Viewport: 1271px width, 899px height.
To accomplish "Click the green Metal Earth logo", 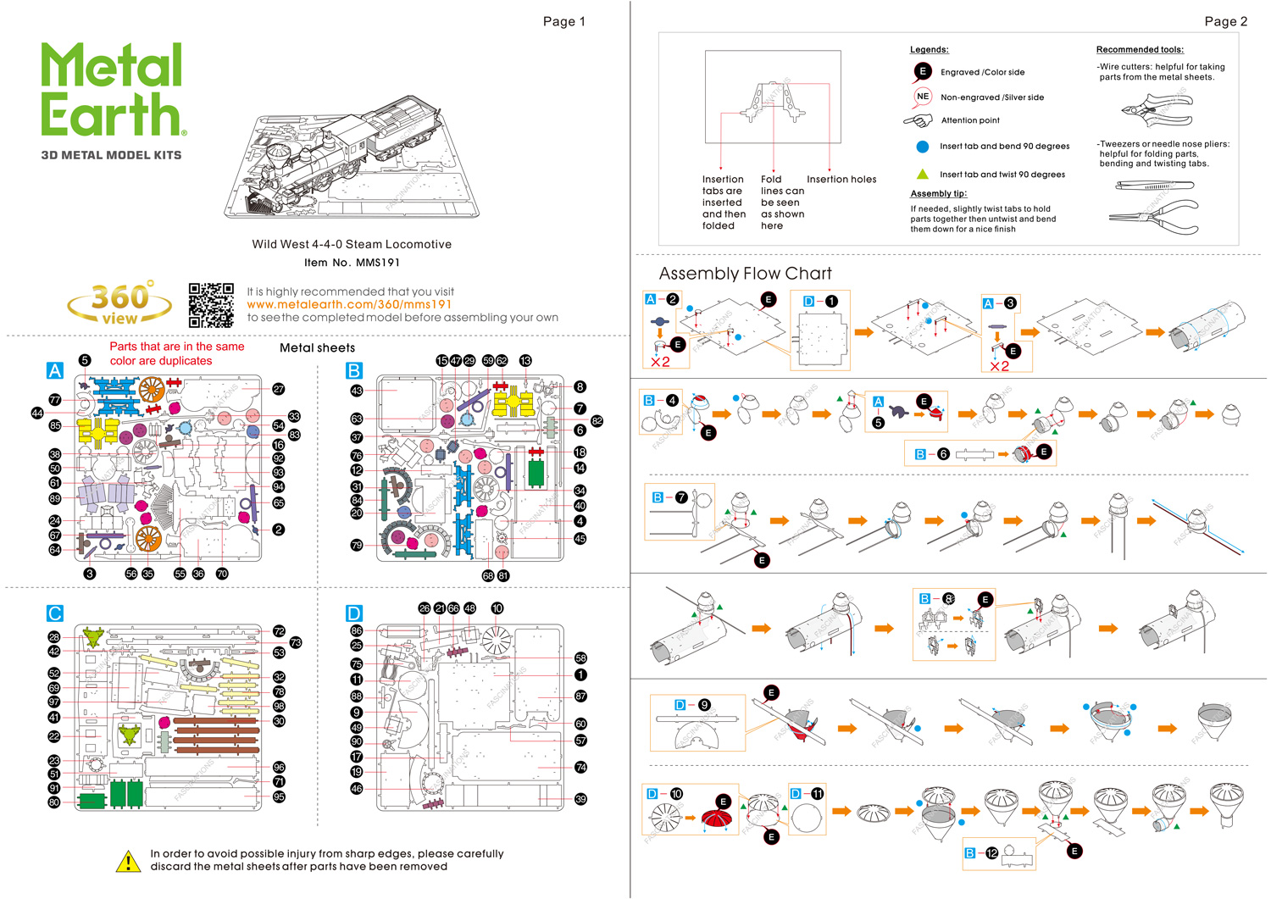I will coord(113,90).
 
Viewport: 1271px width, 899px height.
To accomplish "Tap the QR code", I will coord(211,305).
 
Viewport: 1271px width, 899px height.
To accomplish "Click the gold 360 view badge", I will coord(119,302).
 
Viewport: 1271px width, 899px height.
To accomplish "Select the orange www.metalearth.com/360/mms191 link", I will coord(349,304).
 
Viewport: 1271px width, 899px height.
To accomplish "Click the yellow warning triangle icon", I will coord(128,861).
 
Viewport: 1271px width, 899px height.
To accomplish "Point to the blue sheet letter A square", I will coord(55,370).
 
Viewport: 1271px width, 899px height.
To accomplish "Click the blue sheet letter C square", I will coord(55,613).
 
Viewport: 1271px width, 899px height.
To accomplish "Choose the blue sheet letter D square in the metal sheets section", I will coord(354,613).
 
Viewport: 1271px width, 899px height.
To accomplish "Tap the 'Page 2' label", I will coord(1225,21).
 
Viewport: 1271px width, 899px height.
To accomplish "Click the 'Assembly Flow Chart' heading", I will coord(745,274).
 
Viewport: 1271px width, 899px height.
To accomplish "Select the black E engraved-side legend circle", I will coord(922,72).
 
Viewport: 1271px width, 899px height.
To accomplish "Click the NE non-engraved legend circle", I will coord(922,97).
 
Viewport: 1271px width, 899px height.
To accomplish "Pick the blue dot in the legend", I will coord(922,146).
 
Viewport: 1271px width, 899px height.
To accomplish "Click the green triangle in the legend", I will coord(922,174).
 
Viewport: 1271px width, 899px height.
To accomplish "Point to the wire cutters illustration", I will coord(1156,111).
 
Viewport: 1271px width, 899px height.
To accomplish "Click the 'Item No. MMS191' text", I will coord(352,263).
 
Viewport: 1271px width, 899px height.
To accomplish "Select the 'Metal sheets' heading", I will coord(317,347).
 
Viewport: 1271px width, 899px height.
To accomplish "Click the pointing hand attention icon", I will coord(919,120).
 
